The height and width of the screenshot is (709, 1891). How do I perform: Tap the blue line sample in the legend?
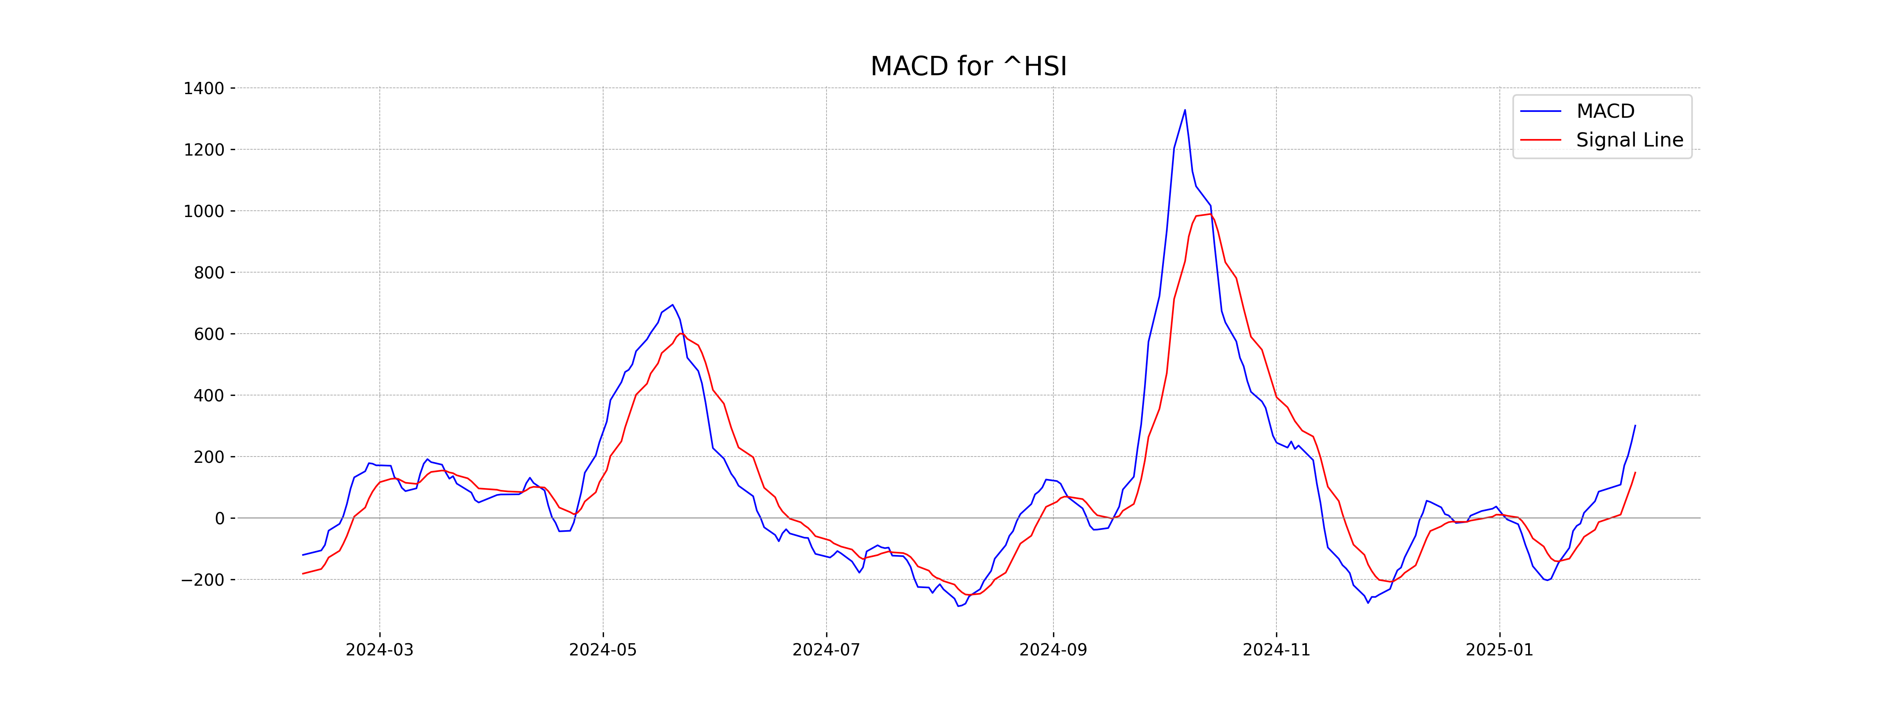pyautogui.click(x=1540, y=111)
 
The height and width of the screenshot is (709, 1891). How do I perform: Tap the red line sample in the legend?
pyautogui.click(x=1540, y=139)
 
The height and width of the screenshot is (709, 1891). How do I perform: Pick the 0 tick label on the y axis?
pyautogui.click(x=219, y=518)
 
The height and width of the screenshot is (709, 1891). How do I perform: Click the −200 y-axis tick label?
pyautogui.click(x=202, y=580)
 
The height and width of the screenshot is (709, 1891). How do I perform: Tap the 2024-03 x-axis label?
pyautogui.click(x=379, y=650)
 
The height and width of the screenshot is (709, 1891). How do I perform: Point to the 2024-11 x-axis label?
pyautogui.click(x=1276, y=650)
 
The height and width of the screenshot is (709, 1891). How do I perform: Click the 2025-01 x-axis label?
pyautogui.click(x=1499, y=650)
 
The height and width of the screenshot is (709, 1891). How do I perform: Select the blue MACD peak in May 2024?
pyautogui.click(x=672, y=304)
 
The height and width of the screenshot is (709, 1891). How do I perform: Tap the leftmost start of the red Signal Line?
pyautogui.click(x=303, y=574)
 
